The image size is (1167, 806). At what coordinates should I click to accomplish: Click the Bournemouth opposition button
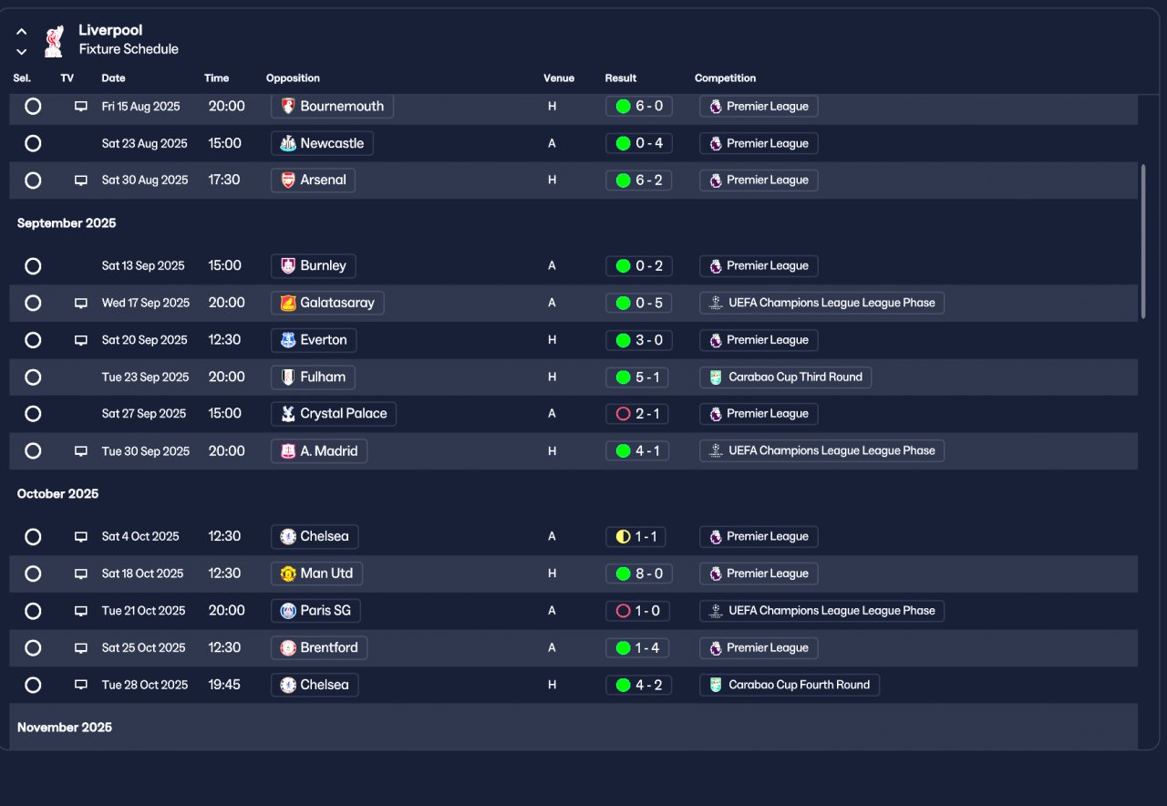click(x=333, y=107)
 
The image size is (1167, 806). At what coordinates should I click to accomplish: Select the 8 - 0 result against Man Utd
click(x=638, y=573)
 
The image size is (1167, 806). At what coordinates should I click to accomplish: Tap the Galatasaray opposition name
click(x=336, y=303)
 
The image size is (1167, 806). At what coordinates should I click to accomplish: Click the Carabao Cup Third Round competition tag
click(x=785, y=377)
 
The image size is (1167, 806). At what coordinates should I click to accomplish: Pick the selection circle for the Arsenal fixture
click(x=33, y=181)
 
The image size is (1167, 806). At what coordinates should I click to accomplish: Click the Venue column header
click(x=559, y=78)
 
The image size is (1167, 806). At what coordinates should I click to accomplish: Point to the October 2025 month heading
click(x=57, y=494)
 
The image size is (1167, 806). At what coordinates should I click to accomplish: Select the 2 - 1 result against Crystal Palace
click(x=638, y=414)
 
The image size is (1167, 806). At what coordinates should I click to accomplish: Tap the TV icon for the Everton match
click(x=81, y=340)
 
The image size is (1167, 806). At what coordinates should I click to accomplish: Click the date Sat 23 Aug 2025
click(x=144, y=143)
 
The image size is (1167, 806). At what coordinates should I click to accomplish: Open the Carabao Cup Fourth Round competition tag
click(x=790, y=685)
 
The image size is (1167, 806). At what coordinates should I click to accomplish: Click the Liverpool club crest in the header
click(x=55, y=41)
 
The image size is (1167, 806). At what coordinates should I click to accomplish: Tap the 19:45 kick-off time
click(x=224, y=685)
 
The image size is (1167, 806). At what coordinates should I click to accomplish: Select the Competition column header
click(x=725, y=78)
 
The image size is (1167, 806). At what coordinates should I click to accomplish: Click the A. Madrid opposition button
click(x=319, y=451)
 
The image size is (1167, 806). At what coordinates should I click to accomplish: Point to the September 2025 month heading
click(x=67, y=223)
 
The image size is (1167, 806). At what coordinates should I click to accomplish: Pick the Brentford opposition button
click(x=319, y=648)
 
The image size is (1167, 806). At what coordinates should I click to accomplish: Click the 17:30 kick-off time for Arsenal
click(x=224, y=181)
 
